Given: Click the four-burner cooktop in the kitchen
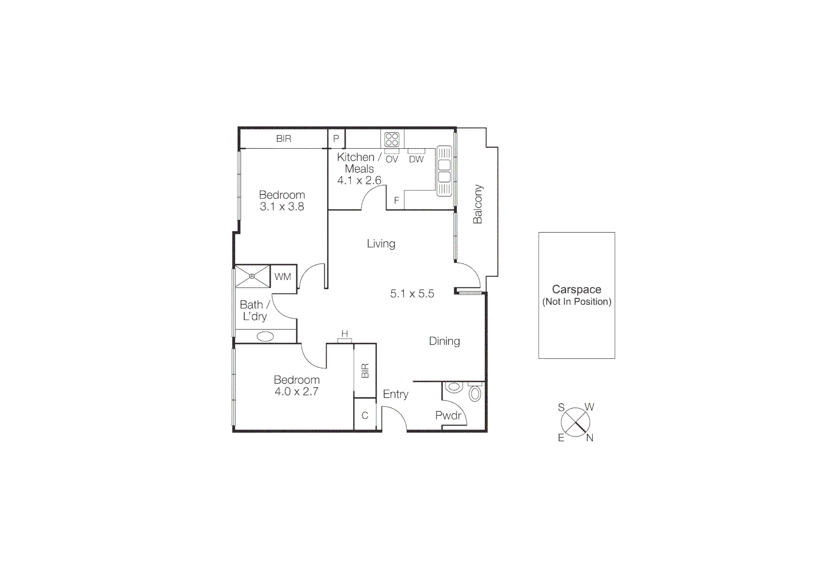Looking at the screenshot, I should pos(392,140).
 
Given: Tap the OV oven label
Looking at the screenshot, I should pos(392,159).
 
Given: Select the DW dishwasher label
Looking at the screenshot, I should pos(416,159).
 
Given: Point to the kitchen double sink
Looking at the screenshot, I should pos(444,171).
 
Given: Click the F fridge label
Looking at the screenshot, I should pos(396,201).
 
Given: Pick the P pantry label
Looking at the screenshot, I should pos(336,139).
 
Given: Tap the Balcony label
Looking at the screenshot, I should pos(477,204).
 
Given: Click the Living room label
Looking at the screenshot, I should pos(381,244).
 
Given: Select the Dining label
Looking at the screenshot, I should pos(444,341).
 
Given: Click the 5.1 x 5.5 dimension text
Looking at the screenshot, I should pos(412,293).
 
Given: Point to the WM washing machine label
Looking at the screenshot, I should pos(283,277).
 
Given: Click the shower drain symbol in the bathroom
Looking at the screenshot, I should pos(252,276).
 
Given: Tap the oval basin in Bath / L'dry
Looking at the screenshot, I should pos(265,336).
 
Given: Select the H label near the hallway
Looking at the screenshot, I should pos(345,334).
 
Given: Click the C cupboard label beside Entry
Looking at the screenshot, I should pos(365,416).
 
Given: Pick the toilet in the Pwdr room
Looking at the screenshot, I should pos(475,393).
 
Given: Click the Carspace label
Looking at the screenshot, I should pos(576,290).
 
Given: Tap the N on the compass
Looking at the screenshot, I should pos(590,438).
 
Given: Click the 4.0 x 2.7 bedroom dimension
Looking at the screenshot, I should pos(296,392).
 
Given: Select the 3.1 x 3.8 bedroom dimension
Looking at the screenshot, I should pos(282,207).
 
